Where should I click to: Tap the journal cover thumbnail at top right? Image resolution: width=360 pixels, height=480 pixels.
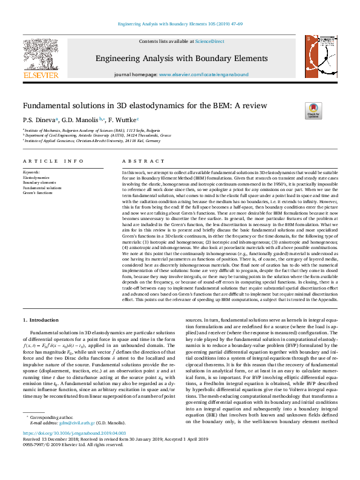coord(319,57)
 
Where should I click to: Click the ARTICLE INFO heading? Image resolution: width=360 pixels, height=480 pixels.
coord(53,161)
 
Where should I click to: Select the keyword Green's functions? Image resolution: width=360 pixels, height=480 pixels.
coord(38,192)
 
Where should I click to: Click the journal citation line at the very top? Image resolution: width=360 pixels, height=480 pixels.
coord(180,24)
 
